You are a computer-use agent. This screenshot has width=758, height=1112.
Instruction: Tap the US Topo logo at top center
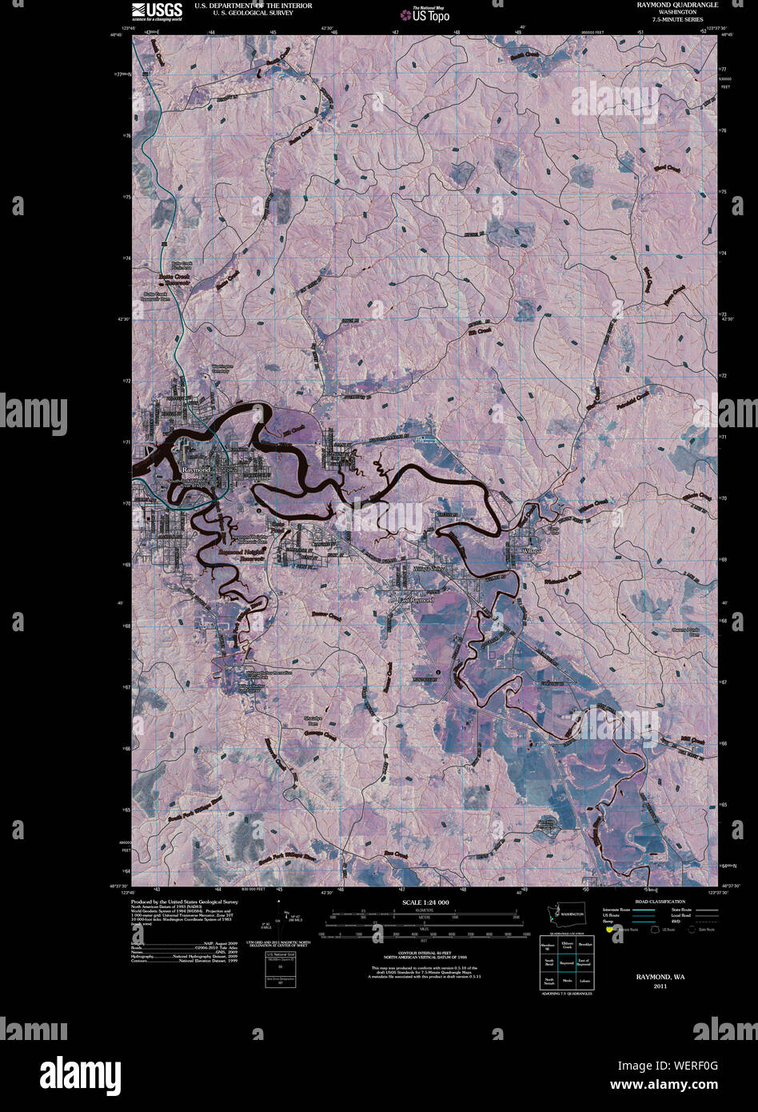pos(430,14)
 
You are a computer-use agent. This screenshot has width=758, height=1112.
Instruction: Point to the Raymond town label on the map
pos(195,469)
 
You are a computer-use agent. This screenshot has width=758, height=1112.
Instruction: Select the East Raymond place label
pos(416,599)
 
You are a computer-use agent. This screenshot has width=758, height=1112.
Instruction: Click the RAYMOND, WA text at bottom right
pos(660,978)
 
